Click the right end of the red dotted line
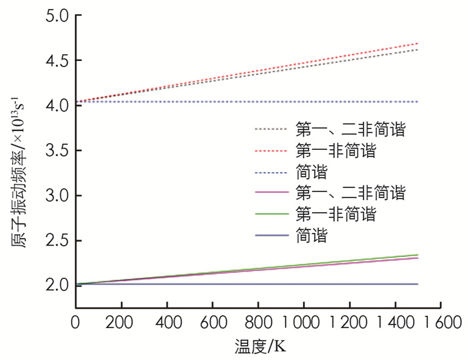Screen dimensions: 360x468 [x=417, y=43]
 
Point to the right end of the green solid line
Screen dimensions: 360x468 [x=417, y=254]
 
